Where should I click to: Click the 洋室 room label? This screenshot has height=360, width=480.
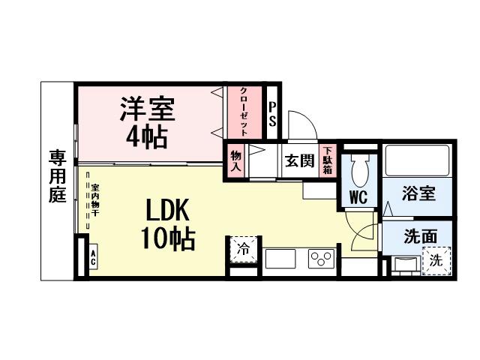click(x=147, y=109)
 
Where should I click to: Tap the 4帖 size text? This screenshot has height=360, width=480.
click(x=147, y=136)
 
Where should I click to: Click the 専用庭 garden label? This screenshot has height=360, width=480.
click(x=58, y=176)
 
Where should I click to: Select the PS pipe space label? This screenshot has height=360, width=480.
click(x=273, y=113)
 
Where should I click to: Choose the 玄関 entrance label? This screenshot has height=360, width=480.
click(x=298, y=160)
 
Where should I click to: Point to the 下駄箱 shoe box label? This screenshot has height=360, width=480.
click(x=328, y=159)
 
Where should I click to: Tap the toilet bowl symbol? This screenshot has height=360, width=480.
click(x=358, y=169)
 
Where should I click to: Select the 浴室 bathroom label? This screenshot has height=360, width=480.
click(x=418, y=193)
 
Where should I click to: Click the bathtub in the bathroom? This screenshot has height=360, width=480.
click(x=417, y=160)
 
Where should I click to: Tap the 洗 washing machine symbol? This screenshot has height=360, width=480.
click(x=436, y=262)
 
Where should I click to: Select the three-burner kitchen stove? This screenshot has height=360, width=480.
click(x=321, y=259)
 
